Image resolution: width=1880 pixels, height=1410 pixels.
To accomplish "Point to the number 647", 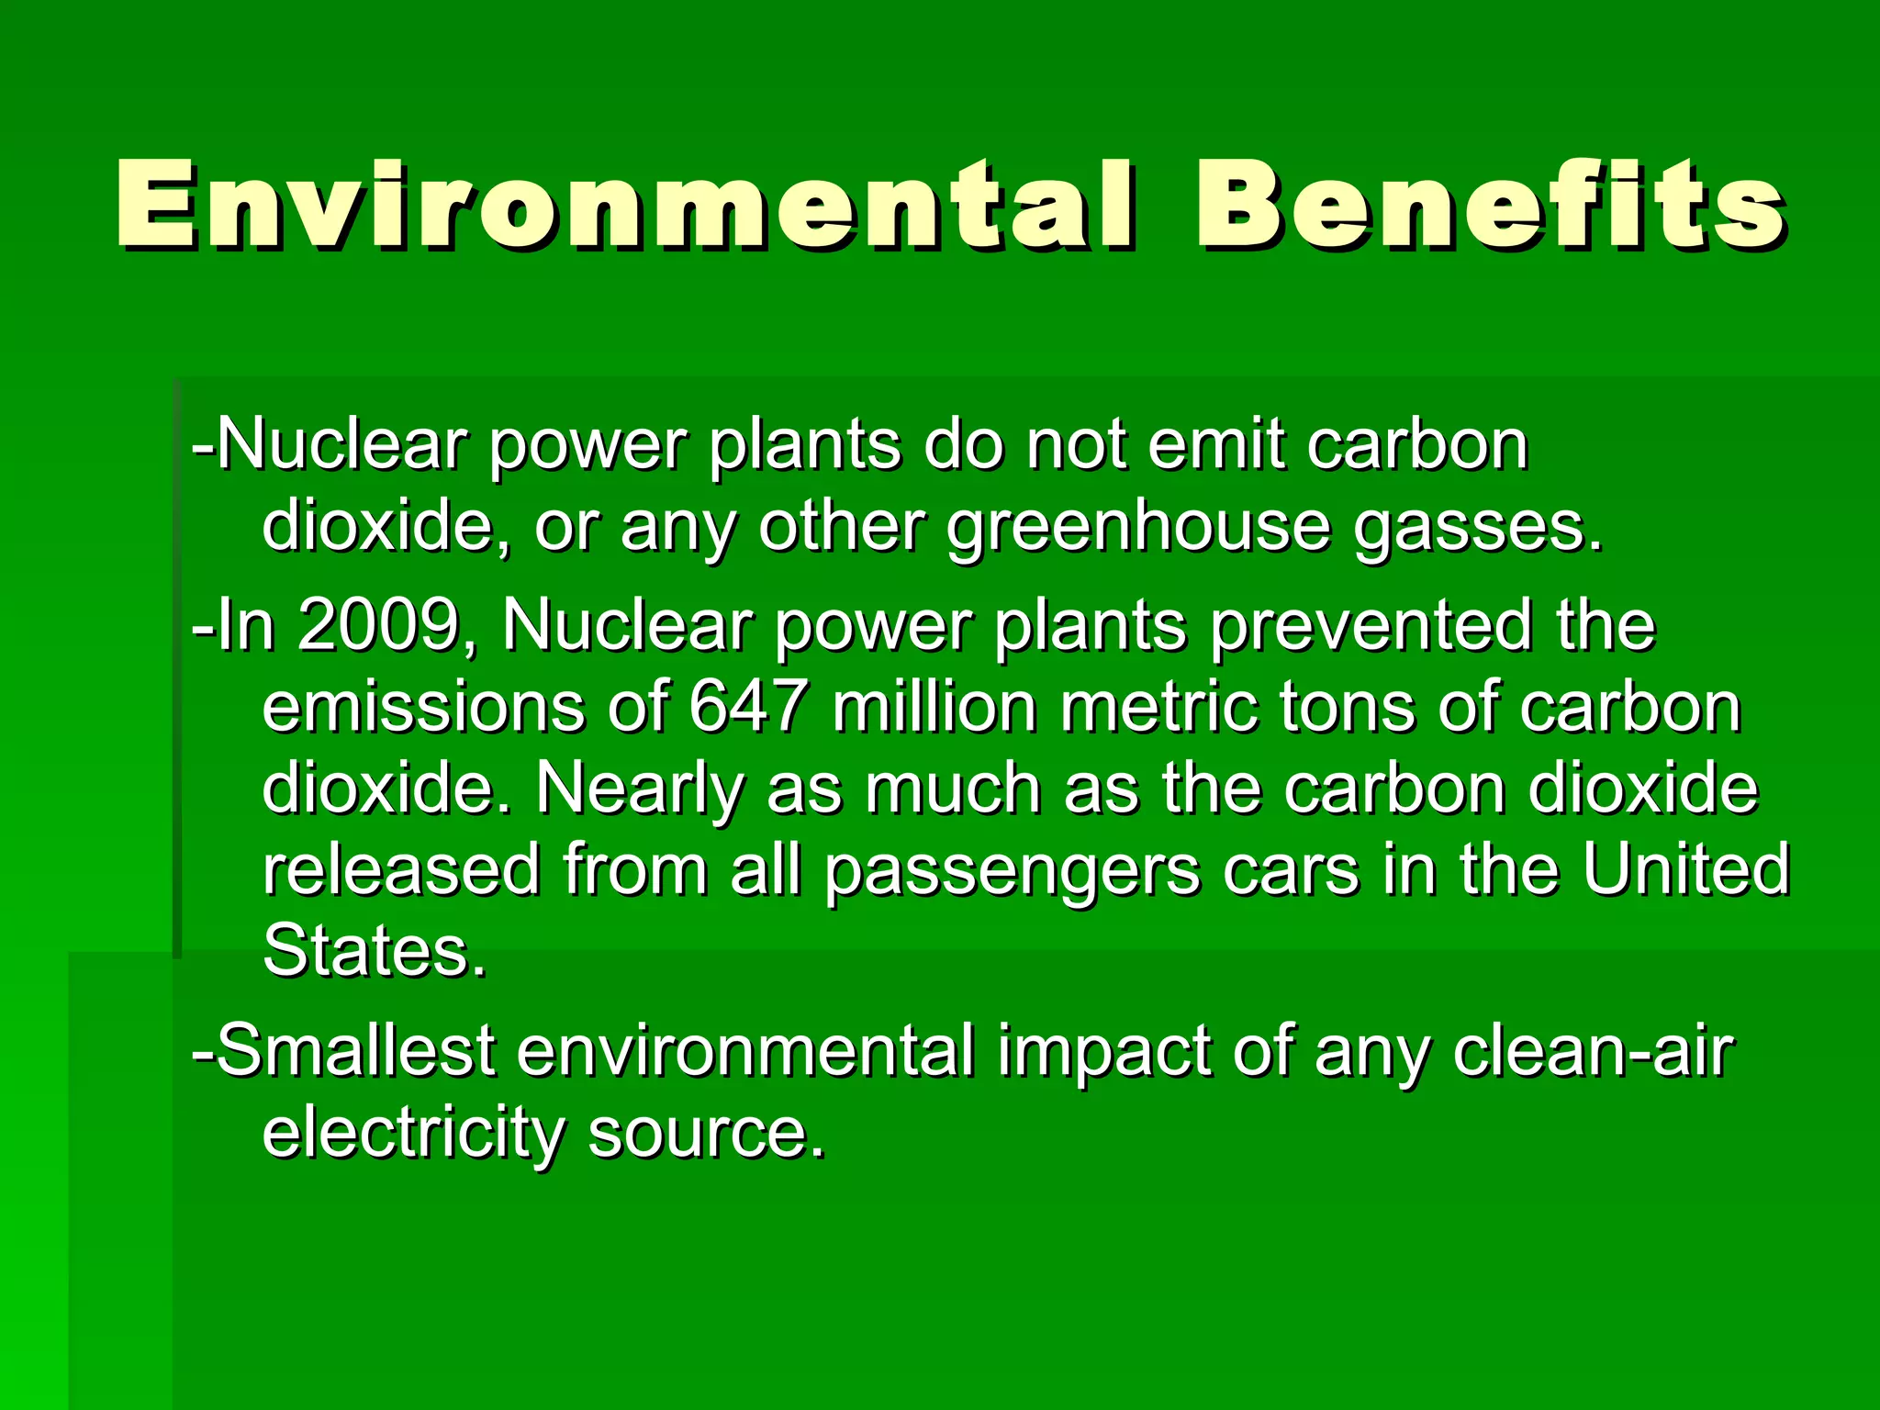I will [x=749, y=707].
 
